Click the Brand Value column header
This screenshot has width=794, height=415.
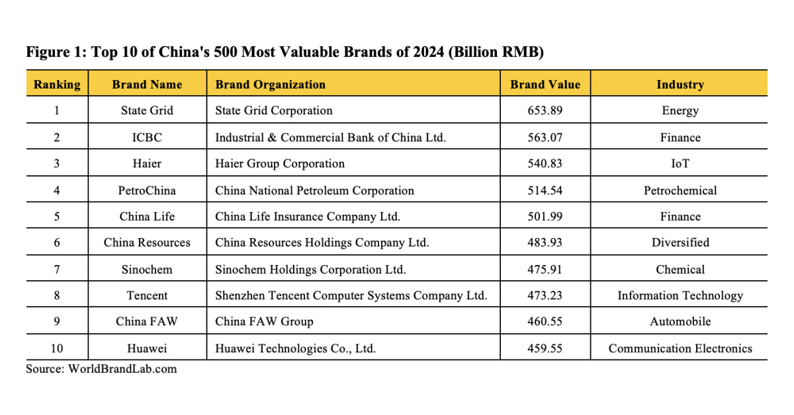pyautogui.click(x=545, y=85)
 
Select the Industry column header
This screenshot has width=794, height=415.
pyautogui.click(x=680, y=85)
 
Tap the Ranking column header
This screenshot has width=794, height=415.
pyautogui.click(x=57, y=85)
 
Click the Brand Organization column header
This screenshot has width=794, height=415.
pyautogui.click(x=270, y=85)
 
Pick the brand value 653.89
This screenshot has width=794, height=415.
pyautogui.click(x=545, y=110)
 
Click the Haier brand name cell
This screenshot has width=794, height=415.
pyautogui.click(x=146, y=163)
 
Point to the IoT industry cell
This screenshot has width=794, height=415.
pyautogui.click(x=680, y=163)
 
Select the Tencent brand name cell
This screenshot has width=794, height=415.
pyautogui.click(x=146, y=295)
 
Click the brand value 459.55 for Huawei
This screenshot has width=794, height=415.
pyautogui.click(x=545, y=348)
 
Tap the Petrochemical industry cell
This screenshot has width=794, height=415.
pyautogui.click(x=680, y=190)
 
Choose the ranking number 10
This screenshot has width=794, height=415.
pyautogui.click(x=57, y=348)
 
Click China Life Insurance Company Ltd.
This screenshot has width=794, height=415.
pyautogui.click(x=308, y=217)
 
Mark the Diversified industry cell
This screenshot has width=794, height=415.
pyautogui.click(x=680, y=243)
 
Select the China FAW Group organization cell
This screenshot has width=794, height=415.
pyautogui.click(x=264, y=322)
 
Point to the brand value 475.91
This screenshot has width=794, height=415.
pyautogui.click(x=545, y=269)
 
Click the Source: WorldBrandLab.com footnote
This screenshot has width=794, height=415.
pyautogui.click(x=101, y=369)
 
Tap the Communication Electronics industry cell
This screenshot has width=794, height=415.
pyautogui.click(x=680, y=348)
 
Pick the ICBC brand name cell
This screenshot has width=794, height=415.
pyautogui.click(x=146, y=137)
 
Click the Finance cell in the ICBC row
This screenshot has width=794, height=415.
pyautogui.click(x=680, y=137)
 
